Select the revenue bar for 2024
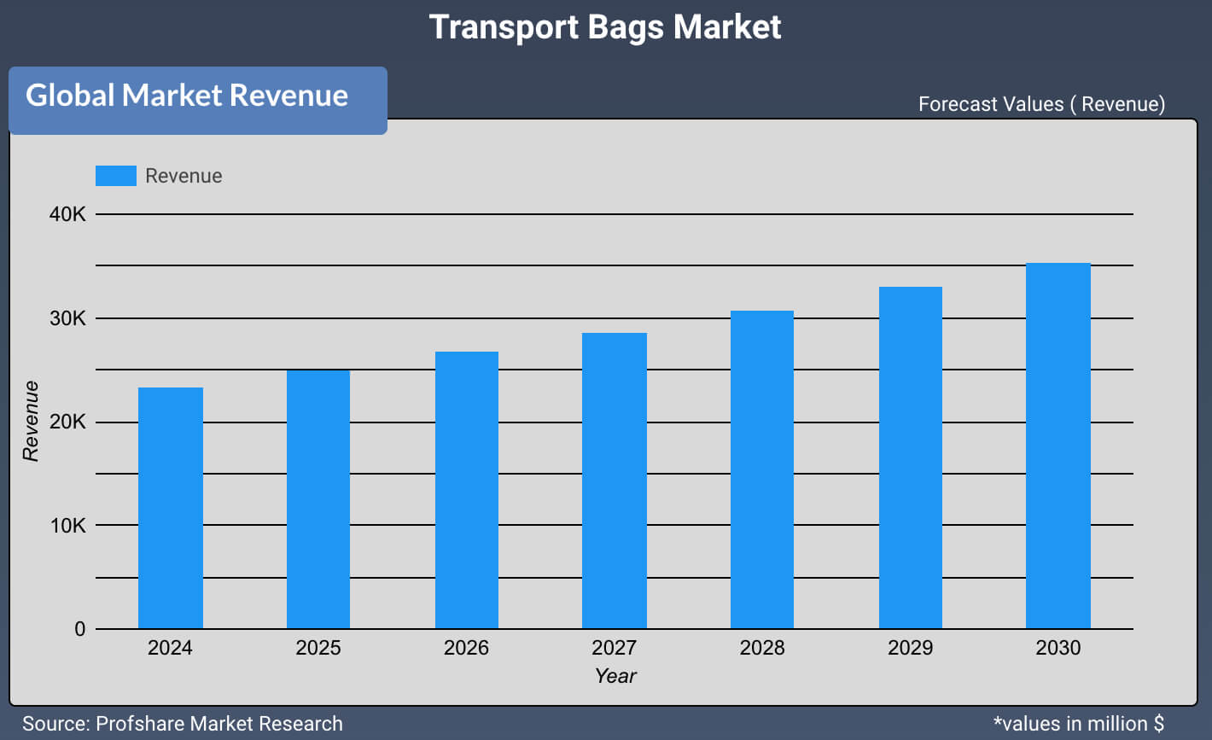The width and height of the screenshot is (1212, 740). [x=171, y=508]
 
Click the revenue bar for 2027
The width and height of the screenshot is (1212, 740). [x=615, y=481]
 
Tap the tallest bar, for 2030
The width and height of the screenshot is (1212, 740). [x=1058, y=446]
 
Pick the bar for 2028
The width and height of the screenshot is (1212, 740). [x=762, y=469]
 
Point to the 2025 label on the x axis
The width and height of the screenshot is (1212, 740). [x=318, y=648]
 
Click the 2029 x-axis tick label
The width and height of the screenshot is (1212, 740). [x=911, y=648]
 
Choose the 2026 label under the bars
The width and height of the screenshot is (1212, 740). [x=466, y=648]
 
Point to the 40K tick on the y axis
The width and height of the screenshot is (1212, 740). [x=67, y=214]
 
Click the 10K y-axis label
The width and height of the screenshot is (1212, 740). [x=67, y=526]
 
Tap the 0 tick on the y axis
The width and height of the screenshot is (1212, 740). [x=80, y=629]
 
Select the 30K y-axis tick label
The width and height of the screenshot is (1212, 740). [x=67, y=318]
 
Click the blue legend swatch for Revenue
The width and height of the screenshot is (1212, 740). [x=115, y=176]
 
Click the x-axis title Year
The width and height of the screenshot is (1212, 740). [x=615, y=676]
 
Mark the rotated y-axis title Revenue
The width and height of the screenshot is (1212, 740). [x=32, y=421]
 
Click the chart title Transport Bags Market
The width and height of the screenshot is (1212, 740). [x=605, y=27]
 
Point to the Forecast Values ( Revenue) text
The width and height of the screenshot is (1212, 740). [x=1041, y=104]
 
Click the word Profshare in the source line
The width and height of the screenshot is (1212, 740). [x=139, y=724]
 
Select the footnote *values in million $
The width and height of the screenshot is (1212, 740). [x=1078, y=724]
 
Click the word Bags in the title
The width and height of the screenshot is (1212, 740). [x=625, y=27]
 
